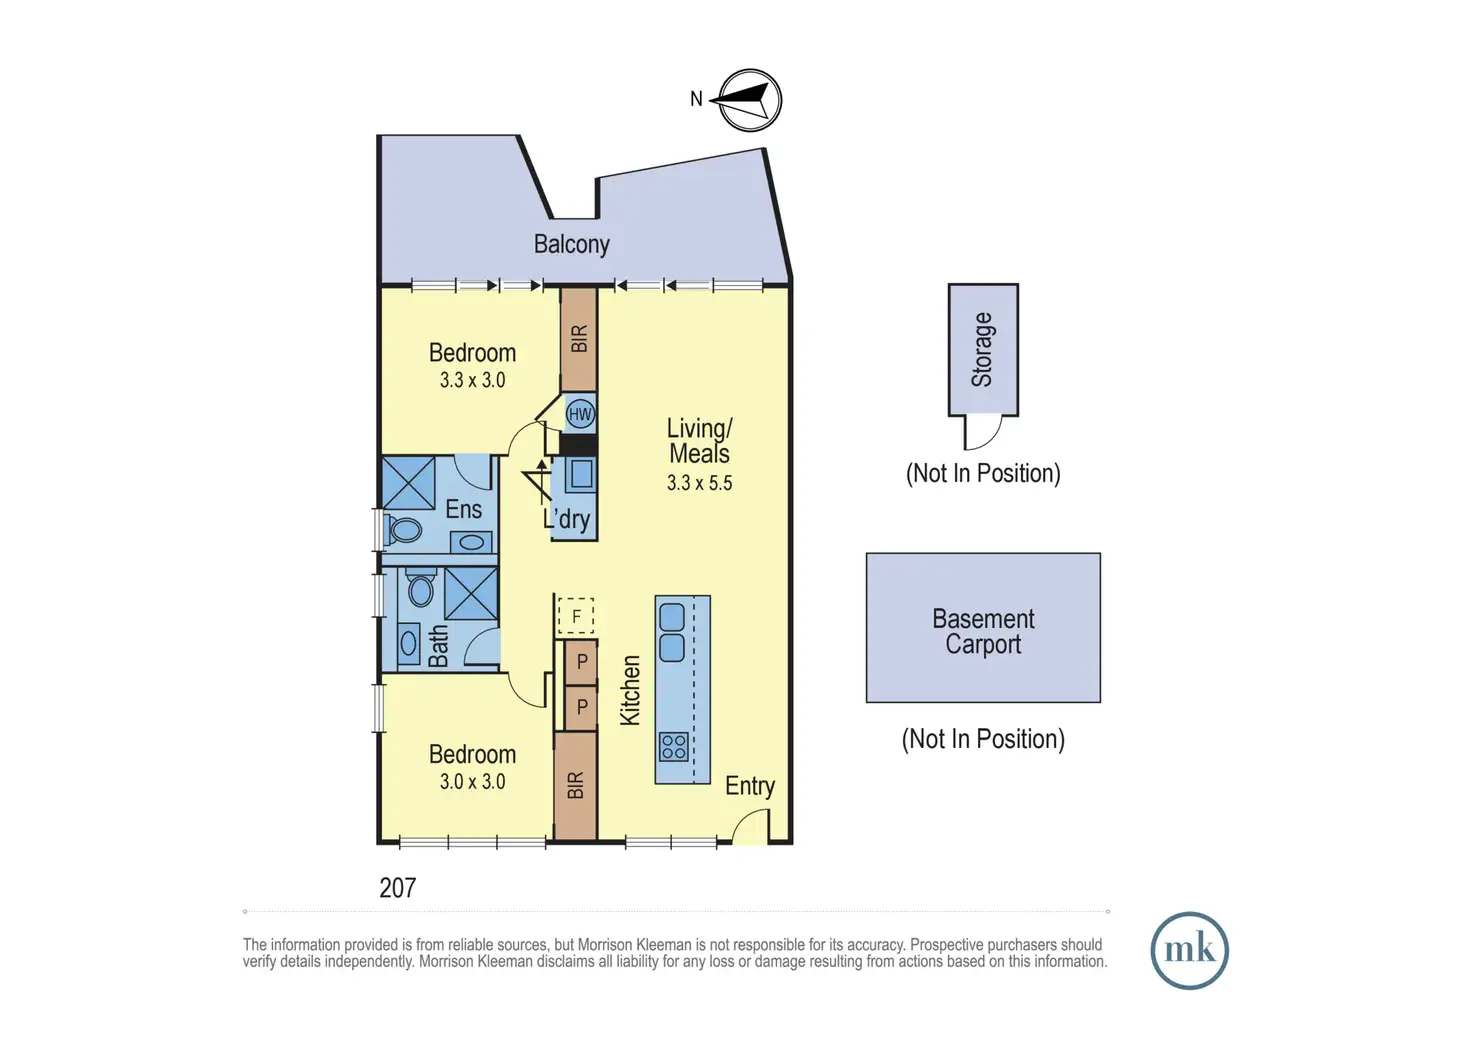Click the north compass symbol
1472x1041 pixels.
(749, 100)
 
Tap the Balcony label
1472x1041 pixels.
(571, 244)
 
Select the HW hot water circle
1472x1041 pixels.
(580, 414)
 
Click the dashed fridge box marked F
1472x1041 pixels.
(576, 616)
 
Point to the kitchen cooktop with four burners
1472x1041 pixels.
(673, 746)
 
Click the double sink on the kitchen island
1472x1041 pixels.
(672, 632)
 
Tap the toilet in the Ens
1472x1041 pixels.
(405, 529)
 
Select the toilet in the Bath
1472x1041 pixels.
(421, 589)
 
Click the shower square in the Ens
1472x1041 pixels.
(409, 483)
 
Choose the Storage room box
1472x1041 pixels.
(983, 349)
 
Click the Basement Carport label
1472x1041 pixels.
(983, 631)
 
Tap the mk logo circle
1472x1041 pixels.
(1189, 950)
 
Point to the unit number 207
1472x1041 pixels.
(397, 888)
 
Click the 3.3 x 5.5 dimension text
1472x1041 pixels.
(699, 483)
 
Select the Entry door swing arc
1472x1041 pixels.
(750, 826)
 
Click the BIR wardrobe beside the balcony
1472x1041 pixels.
(579, 339)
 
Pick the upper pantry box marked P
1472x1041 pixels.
(581, 662)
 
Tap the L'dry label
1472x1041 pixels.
(567, 519)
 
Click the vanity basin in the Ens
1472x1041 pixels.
(471, 542)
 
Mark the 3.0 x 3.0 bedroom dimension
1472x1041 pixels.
(472, 782)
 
